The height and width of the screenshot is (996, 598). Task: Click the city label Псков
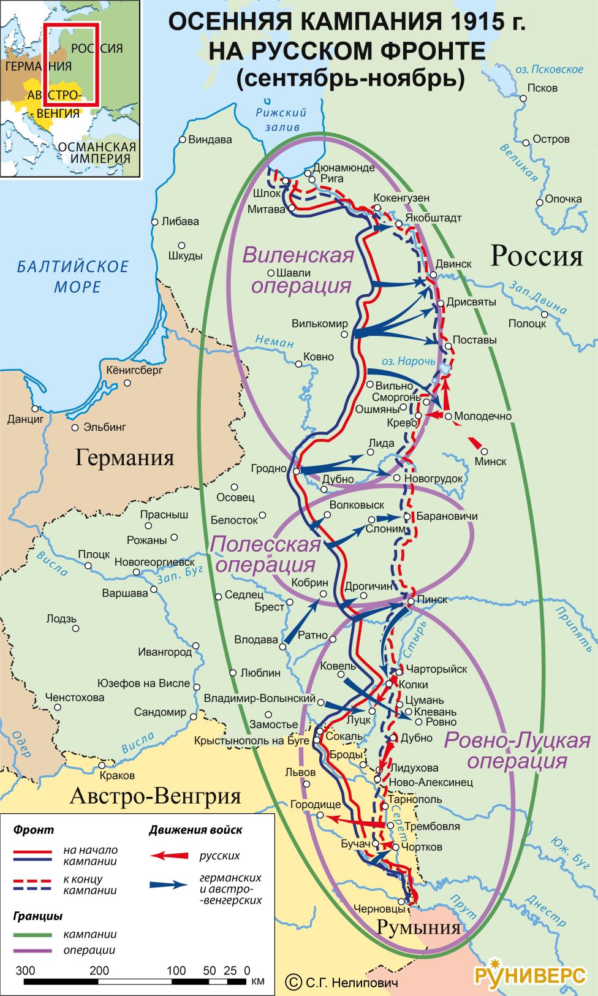click(542, 88)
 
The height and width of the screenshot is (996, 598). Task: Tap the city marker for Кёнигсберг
click(127, 383)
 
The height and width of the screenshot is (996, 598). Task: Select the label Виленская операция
click(300, 270)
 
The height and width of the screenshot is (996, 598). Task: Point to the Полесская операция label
click(266, 553)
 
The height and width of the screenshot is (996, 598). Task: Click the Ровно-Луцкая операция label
click(517, 750)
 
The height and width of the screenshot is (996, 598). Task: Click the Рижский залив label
click(281, 120)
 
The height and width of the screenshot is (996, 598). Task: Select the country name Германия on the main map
click(124, 457)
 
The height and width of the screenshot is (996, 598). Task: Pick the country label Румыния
click(418, 927)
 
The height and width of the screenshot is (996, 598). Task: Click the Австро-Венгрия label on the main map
click(156, 796)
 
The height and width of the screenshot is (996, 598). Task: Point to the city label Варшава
click(125, 593)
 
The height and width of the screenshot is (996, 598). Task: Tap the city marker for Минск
click(484, 452)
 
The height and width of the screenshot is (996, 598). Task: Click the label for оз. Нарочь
click(408, 361)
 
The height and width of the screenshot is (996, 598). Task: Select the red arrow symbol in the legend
click(170, 856)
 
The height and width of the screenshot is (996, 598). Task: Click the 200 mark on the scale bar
click(99, 970)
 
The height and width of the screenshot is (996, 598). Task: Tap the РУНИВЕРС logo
click(530, 975)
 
